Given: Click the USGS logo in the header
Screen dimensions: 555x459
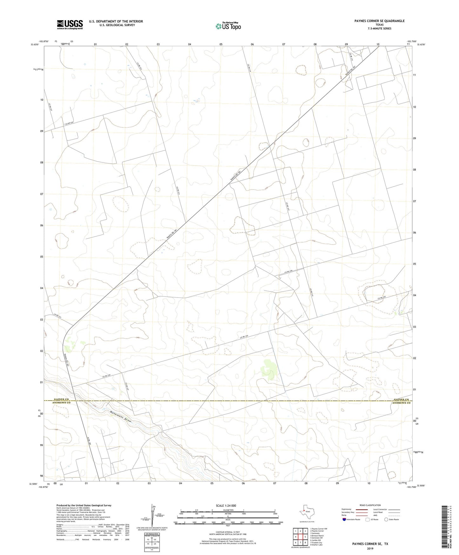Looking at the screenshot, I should pyautogui.click(x=70, y=24).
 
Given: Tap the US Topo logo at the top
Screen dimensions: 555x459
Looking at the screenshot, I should pyautogui.click(x=228, y=26).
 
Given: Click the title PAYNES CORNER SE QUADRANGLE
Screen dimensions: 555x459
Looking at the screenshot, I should pyautogui.click(x=379, y=21).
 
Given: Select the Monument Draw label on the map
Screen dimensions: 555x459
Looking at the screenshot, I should pyautogui.click(x=121, y=417).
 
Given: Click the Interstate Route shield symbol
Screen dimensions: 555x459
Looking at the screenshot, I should pyautogui.click(x=344, y=519).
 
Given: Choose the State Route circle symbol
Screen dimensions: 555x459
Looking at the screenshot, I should pyautogui.click(x=386, y=519).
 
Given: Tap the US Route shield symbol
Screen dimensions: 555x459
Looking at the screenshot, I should pyautogui.click(x=368, y=519).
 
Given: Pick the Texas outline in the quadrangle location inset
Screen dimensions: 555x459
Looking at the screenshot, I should pyautogui.click(x=306, y=511).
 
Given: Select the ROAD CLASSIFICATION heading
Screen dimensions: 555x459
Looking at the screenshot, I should pyautogui.click(x=370, y=505).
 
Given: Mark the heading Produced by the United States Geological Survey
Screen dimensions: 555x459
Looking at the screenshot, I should pyautogui.click(x=84, y=505).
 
